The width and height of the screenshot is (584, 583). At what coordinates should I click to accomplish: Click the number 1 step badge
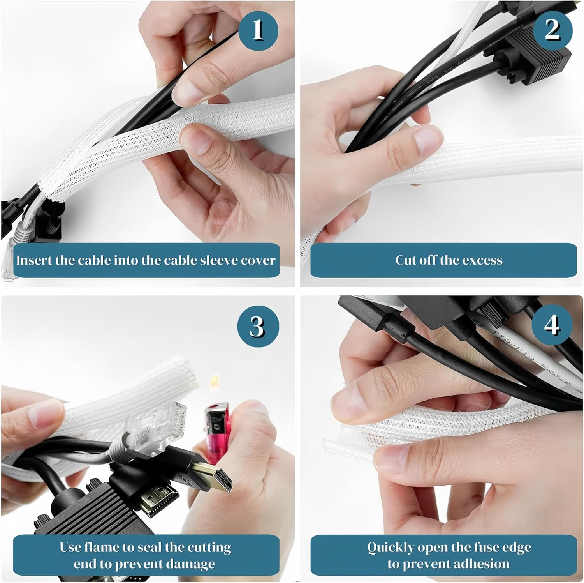tap(258, 30)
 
